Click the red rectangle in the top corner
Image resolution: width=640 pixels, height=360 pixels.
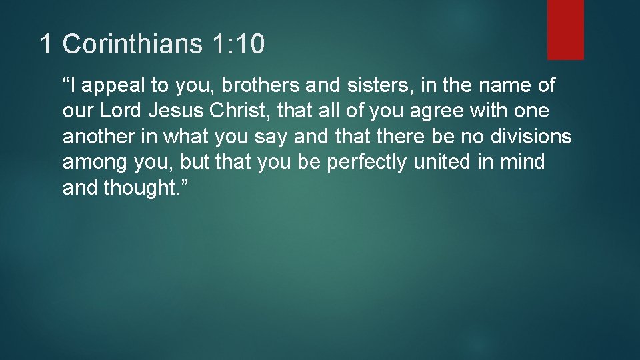[x=565, y=29]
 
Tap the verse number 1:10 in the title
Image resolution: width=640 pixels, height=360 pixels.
[x=239, y=45]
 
